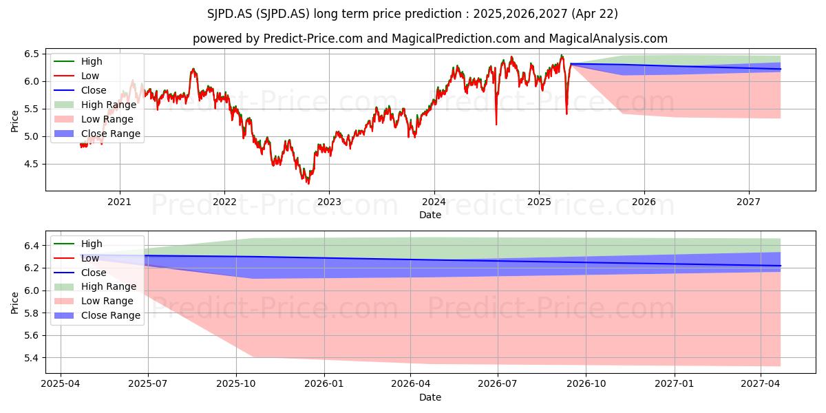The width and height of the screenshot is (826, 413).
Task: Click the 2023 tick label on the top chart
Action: [329, 202]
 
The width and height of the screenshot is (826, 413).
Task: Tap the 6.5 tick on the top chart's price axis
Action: [32, 54]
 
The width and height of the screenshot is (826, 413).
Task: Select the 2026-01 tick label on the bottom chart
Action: [324, 384]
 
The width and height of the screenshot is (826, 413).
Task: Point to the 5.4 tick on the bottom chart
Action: [32, 358]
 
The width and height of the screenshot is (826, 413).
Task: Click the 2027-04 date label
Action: [761, 384]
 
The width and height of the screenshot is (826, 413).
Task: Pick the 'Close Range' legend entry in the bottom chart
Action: [97, 315]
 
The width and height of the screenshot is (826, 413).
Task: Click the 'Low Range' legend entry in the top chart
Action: [94, 119]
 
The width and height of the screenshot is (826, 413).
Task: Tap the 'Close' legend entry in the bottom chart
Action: [80, 273]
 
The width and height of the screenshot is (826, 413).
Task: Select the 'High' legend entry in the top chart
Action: [78, 61]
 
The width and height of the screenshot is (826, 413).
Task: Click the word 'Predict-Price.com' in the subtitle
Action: [313, 39]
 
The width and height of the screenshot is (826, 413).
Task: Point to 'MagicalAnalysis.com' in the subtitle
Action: [608, 39]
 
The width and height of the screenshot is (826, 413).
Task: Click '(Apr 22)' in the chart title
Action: [595, 14]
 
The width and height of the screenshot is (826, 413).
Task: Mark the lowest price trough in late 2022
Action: [308, 183]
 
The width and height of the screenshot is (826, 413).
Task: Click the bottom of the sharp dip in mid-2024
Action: [496, 125]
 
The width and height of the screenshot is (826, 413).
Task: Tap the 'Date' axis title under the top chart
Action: [430, 215]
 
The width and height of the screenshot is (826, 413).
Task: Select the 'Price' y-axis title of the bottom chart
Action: [14, 303]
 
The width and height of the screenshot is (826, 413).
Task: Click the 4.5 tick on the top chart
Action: [32, 164]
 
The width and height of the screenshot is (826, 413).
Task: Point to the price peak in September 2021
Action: [193, 69]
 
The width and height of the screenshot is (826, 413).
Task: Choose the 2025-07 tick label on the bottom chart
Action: [148, 384]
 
